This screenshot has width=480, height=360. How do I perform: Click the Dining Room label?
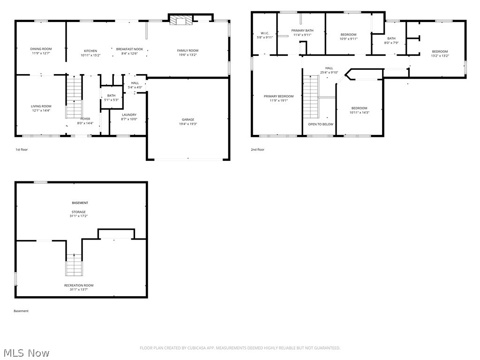(41, 49)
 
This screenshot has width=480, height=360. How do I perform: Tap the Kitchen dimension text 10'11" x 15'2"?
(90, 55)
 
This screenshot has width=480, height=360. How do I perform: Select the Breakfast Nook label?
(129, 49)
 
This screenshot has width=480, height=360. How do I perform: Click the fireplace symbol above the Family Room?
(181, 20)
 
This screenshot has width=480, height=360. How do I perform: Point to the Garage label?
(188, 120)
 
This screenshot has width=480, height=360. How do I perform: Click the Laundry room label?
(129, 115)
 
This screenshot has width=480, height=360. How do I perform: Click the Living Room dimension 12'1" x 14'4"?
(41, 111)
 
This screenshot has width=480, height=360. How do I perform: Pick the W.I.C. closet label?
(265, 33)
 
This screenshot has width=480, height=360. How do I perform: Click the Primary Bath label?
(302, 30)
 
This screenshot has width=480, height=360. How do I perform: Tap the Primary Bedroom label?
(278, 96)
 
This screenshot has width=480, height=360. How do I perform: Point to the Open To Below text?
(321, 124)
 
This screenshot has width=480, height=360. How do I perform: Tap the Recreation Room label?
(79, 285)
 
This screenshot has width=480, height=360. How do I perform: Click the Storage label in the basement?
(79, 212)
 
